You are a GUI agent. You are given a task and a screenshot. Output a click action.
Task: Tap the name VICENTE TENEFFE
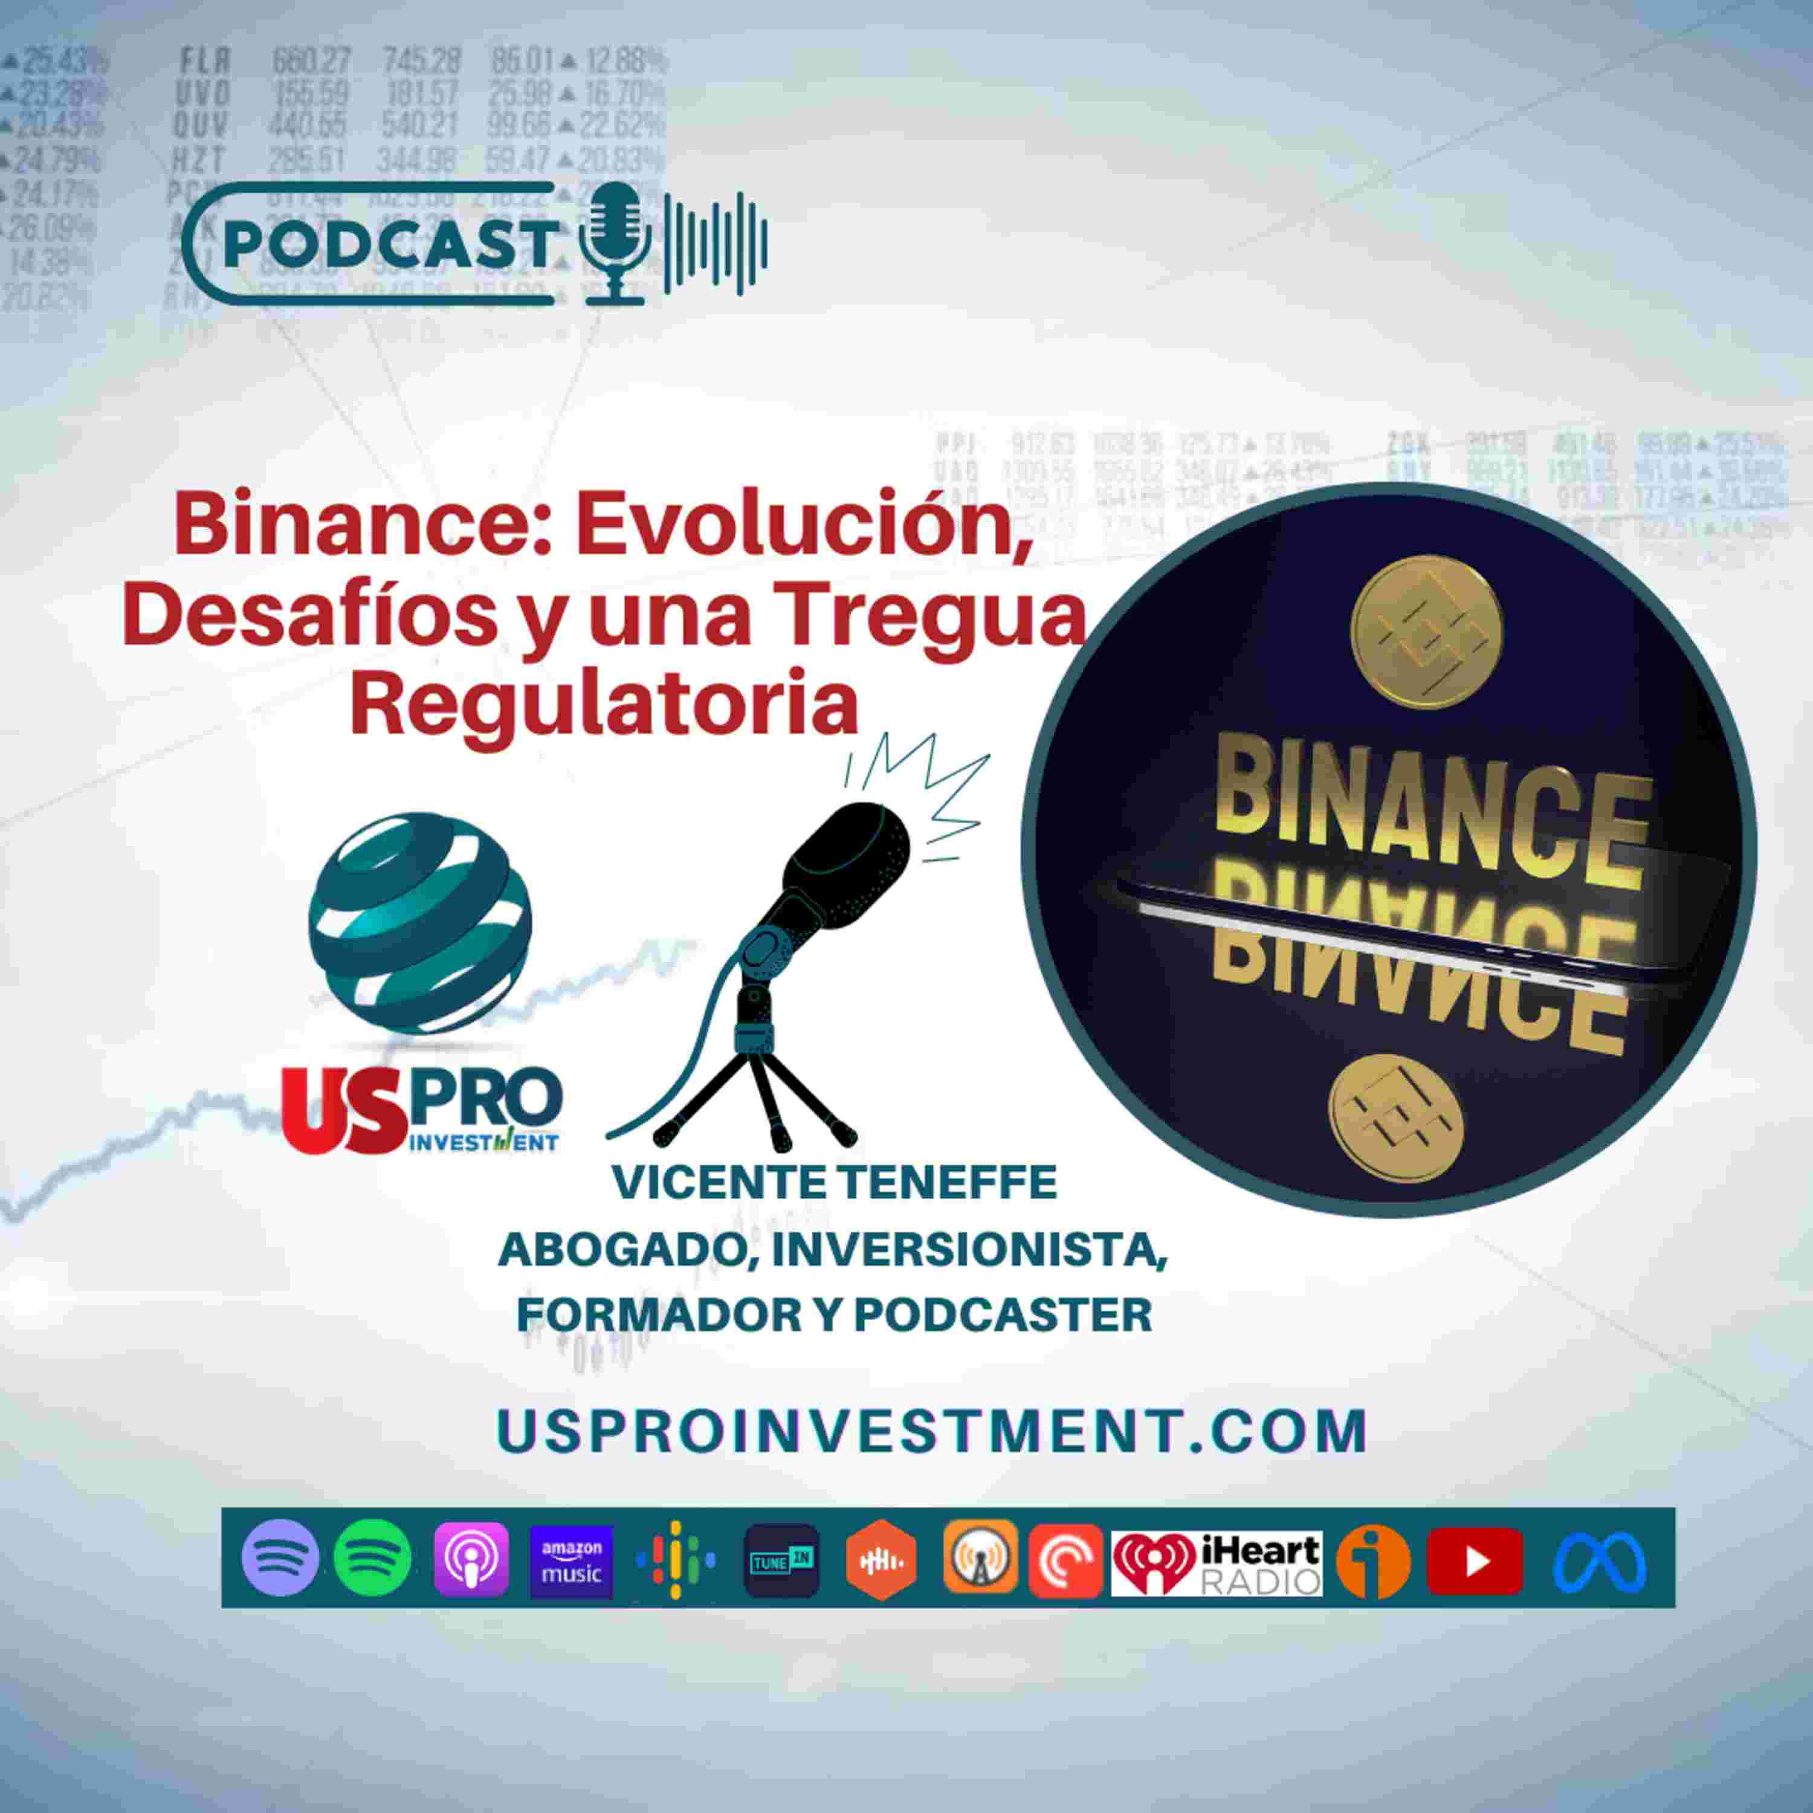click(x=833, y=1183)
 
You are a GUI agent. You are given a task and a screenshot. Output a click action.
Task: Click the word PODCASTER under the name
click(x=1002, y=1314)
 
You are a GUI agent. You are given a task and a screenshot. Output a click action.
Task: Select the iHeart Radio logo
click(x=1216, y=1562)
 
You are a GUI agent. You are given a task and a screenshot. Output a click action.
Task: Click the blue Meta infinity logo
click(x=1599, y=1562)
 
